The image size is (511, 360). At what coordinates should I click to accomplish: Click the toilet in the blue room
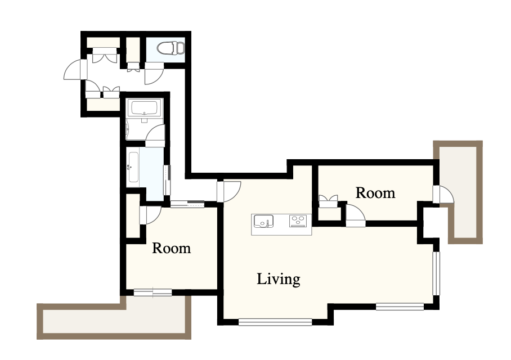[171, 48]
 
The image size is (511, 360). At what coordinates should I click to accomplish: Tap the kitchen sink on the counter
[263, 221]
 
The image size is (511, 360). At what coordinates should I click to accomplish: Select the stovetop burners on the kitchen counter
[298, 221]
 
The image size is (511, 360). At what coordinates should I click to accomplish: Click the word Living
[279, 280]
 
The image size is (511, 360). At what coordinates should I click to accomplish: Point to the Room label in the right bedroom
[375, 193]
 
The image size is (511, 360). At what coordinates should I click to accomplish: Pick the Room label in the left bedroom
[172, 248]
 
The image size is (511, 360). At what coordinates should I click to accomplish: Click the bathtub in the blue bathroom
[133, 168]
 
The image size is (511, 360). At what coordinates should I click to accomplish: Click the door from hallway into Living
[229, 191]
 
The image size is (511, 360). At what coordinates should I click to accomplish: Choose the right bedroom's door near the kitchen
[355, 215]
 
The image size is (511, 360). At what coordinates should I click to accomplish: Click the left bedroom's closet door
[150, 215]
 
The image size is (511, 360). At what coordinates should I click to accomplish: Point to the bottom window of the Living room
[275, 322]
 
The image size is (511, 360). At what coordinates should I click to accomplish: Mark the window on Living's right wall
[436, 273]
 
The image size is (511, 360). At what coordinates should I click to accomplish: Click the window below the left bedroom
[153, 292]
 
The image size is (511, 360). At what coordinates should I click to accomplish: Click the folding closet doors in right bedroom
[328, 201]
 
